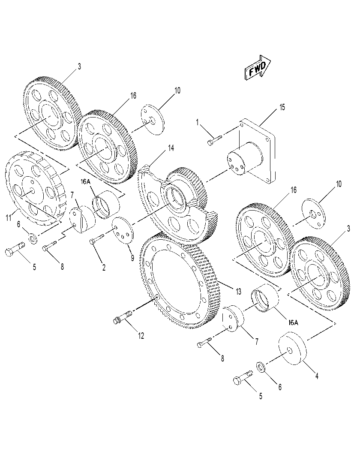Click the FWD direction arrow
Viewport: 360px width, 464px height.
pyautogui.click(x=258, y=68)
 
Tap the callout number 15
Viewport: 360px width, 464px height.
pyautogui.click(x=282, y=107)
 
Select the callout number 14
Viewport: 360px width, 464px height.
pyautogui.click(x=171, y=148)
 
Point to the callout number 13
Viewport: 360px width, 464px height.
pyautogui.click(x=238, y=292)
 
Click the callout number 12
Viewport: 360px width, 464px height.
pyautogui.click(x=141, y=336)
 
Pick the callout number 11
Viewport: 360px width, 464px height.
pyautogui.click(x=9, y=218)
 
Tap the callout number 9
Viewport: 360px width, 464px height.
pyautogui.click(x=132, y=258)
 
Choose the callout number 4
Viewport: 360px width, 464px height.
pyautogui.click(x=317, y=376)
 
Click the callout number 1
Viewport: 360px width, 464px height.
pyautogui.click(x=198, y=122)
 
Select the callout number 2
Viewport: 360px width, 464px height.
pyautogui.click(x=104, y=268)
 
